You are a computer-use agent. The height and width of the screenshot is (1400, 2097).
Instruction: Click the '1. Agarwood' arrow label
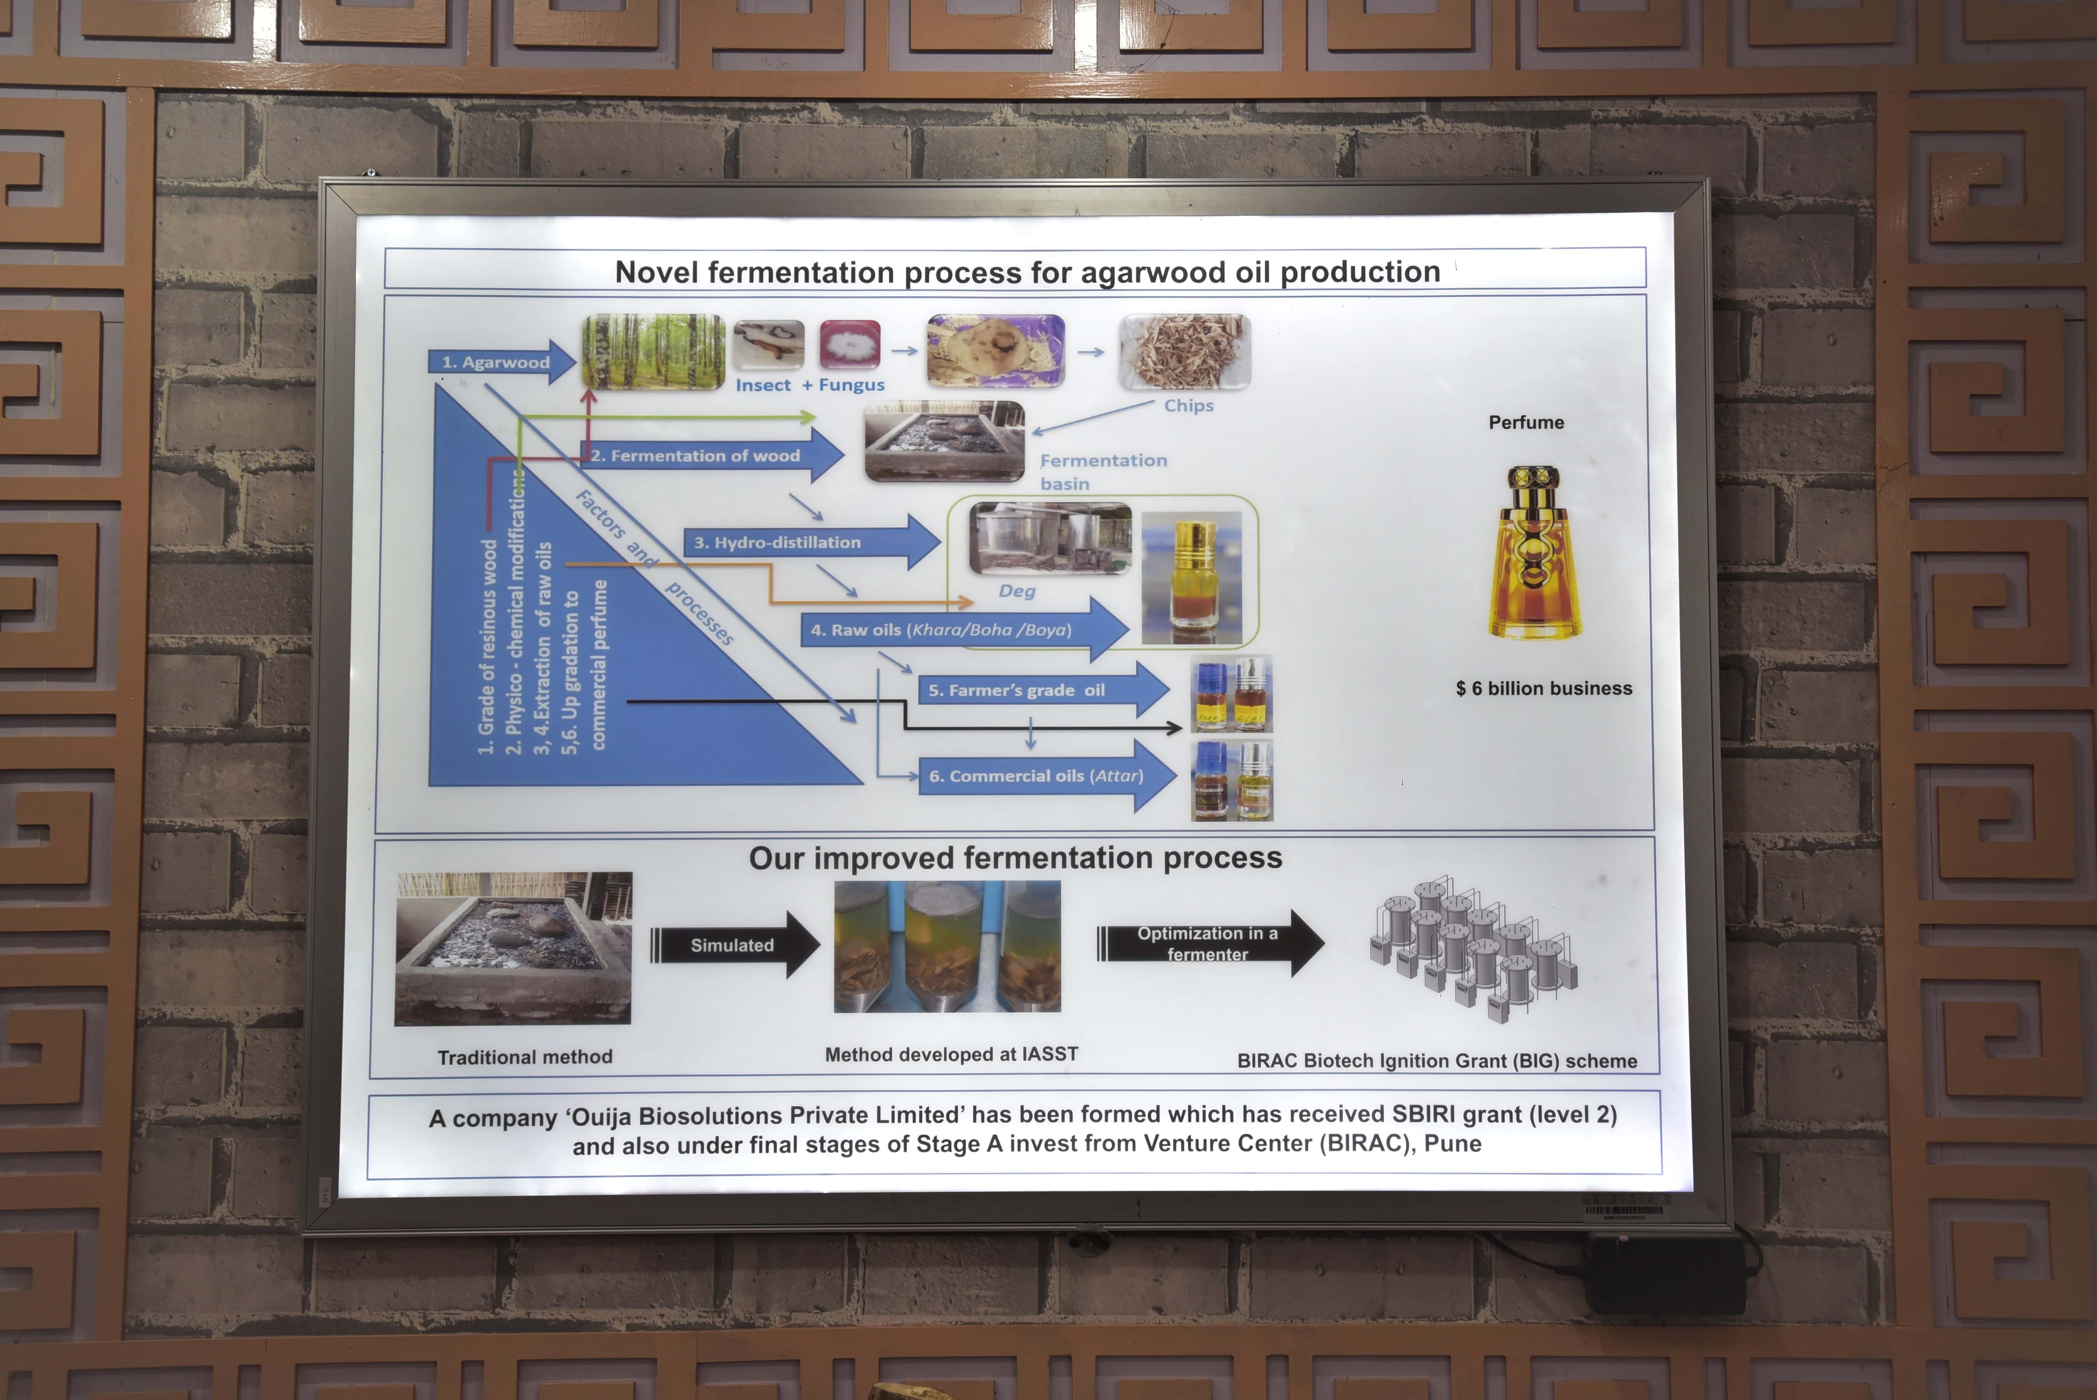click(x=502, y=362)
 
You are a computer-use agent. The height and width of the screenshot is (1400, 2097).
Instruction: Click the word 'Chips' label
click(x=1188, y=406)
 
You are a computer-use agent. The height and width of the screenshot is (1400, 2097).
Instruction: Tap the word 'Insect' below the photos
click(x=763, y=385)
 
